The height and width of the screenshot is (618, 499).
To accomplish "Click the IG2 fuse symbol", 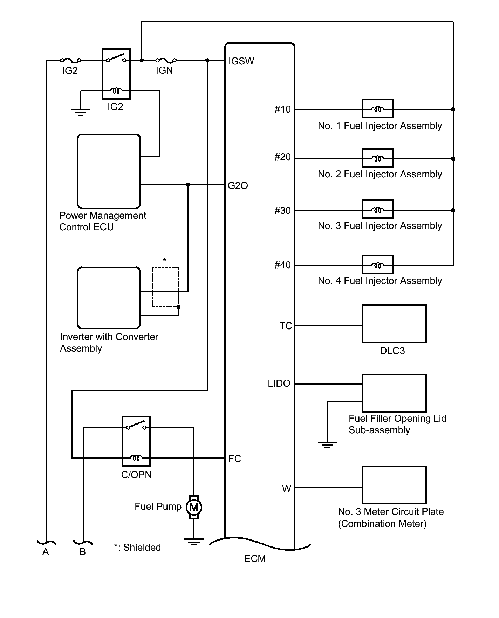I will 71,61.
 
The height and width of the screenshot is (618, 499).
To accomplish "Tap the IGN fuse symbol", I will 166,61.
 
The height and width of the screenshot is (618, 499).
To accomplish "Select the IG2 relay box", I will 116,74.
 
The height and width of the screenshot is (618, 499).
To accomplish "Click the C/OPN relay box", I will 136,441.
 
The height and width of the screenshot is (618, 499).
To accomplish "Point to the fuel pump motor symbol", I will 194,507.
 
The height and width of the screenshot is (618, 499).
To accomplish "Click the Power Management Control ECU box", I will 109,171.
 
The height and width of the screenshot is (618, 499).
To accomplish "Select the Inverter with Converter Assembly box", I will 109,298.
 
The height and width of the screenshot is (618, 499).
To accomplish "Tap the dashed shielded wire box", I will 165,287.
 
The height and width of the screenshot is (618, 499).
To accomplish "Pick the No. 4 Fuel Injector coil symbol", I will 377,265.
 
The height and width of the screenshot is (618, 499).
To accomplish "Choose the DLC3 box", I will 394,324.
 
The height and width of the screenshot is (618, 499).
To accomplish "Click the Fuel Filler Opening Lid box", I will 394,393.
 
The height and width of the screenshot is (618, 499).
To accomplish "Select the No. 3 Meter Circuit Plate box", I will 394,485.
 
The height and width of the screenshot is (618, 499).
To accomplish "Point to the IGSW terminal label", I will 241,61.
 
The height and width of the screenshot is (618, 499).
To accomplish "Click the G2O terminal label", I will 238,186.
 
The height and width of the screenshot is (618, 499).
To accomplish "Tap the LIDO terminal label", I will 279,384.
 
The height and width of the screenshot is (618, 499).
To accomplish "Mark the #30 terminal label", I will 282,211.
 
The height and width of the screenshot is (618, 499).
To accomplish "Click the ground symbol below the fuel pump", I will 194,542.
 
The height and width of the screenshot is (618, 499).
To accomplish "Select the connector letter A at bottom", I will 46,552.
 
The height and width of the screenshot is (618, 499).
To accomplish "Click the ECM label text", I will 255,559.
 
